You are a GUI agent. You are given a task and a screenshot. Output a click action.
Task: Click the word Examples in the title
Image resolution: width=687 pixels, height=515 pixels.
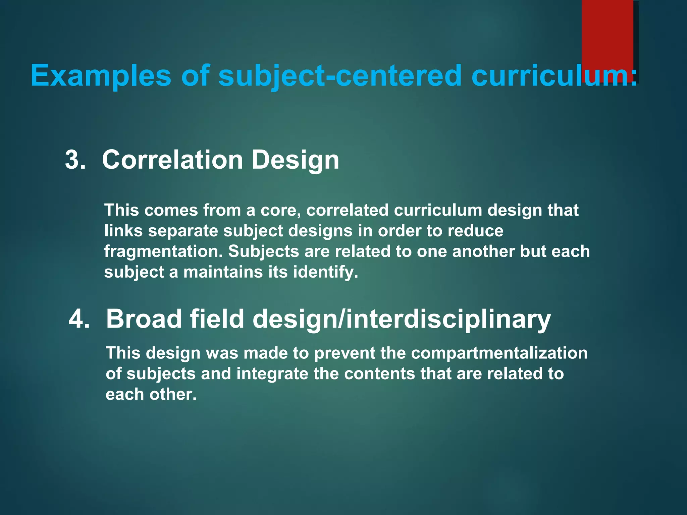pos(101,76)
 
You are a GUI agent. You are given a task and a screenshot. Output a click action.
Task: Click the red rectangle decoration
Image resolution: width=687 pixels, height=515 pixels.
pos(607,34)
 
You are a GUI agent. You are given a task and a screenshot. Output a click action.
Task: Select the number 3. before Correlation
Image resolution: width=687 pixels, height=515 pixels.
pos(75,160)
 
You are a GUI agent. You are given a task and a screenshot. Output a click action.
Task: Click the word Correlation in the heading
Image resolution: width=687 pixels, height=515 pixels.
pos(172,160)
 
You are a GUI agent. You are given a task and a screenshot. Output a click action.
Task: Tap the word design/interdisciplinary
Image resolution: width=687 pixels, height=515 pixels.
pos(402,319)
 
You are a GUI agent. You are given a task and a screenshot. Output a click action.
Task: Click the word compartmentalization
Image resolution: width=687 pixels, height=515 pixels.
pos(499,353)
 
